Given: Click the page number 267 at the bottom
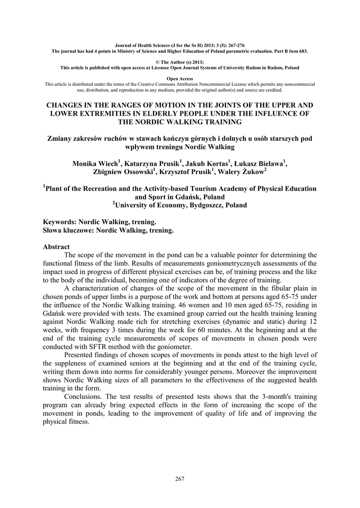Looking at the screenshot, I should point(180,478).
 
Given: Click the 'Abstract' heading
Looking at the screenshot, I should point(57,247).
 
